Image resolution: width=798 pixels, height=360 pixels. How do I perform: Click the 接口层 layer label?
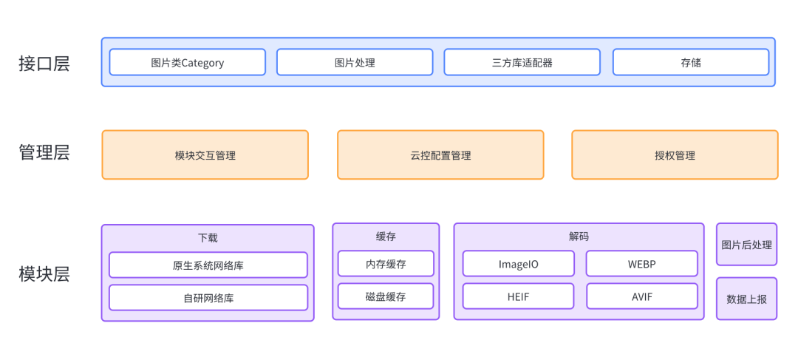[x=44, y=63]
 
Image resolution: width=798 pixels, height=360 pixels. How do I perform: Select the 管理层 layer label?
[x=44, y=153]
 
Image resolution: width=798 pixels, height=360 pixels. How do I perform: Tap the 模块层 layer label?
[x=44, y=274]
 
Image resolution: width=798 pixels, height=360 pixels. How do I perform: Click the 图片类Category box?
[x=187, y=62]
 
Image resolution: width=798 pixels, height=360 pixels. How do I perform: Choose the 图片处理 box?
[x=355, y=62]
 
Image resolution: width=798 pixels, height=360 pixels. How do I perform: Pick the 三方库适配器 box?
[x=522, y=62]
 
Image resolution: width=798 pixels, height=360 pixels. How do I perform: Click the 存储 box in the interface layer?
[x=691, y=62]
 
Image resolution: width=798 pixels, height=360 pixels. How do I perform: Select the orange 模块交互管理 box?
[x=205, y=155]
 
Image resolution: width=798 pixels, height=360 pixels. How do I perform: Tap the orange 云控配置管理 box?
[x=440, y=155]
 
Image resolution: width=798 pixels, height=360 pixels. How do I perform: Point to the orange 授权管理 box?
[x=675, y=155]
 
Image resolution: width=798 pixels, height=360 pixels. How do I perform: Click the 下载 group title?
[x=208, y=237]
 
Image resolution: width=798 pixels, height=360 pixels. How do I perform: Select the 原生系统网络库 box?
[x=208, y=265]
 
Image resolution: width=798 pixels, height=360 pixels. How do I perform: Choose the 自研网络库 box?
[x=208, y=298]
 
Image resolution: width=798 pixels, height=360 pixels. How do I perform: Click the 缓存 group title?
[x=386, y=237]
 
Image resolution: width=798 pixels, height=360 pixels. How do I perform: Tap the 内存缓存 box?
[x=386, y=264]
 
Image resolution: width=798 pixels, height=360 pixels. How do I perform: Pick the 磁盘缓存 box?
[x=386, y=296]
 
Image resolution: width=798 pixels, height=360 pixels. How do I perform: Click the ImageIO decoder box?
[x=518, y=264]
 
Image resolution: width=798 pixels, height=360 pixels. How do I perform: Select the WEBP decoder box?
[x=641, y=264]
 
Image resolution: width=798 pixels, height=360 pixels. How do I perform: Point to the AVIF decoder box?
[x=641, y=296]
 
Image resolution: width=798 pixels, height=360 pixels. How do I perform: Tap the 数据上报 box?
[x=746, y=299]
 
